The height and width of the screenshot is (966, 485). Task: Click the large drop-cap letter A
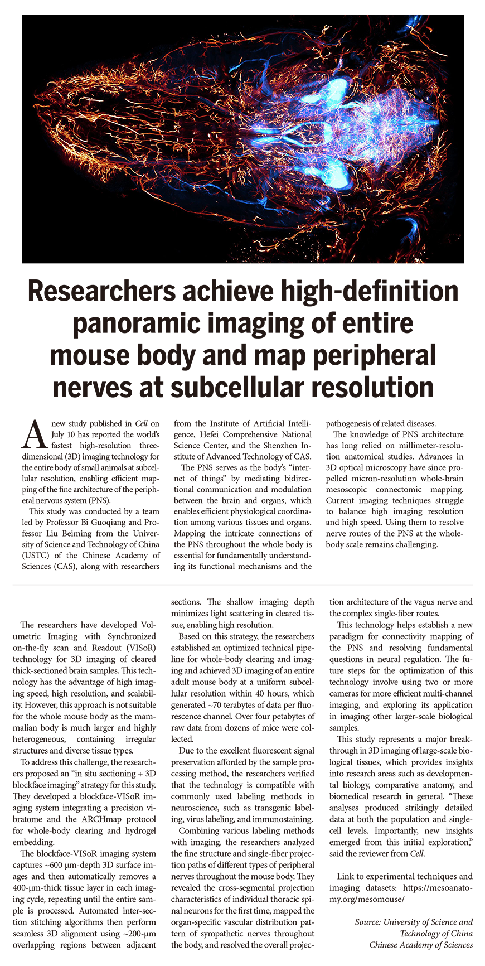point(32,434)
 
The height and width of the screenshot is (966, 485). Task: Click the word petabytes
point(289,716)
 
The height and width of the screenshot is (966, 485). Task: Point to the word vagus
point(428,602)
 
